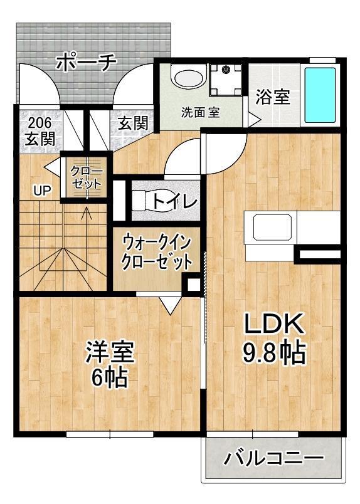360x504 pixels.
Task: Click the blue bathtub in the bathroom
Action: [x=320, y=95]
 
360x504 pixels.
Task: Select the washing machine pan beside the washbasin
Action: [x=225, y=80]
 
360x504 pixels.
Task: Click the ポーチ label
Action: [x=87, y=62]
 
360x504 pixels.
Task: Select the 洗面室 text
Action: [x=200, y=112]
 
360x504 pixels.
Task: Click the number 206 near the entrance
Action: [x=40, y=122]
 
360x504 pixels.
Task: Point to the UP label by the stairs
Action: [x=43, y=191]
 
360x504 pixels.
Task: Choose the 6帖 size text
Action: [x=109, y=377]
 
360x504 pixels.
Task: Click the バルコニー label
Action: [x=273, y=458]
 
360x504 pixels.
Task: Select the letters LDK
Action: [x=274, y=323]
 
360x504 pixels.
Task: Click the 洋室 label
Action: [x=109, y=352]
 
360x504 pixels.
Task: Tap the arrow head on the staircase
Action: [x=86, y=213]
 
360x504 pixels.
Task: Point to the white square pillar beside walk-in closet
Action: [x=194, y=285]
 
